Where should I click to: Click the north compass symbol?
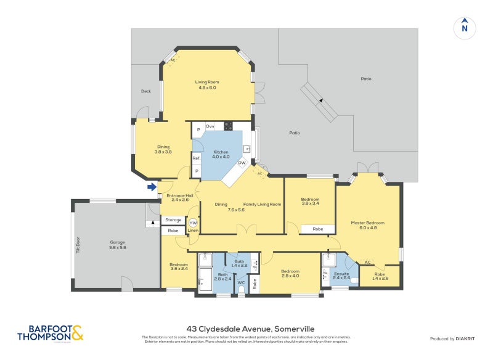click(465, 27)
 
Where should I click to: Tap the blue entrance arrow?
click(151, 187)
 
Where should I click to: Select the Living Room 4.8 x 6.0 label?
click(208, 85)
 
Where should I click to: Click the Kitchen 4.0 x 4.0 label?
click(221, 154)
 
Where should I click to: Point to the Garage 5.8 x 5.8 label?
click(117, 245)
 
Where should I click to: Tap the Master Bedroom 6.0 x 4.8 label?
click(368, 225)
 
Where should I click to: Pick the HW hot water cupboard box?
click(193, 223)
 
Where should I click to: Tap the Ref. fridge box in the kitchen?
click(197, 158)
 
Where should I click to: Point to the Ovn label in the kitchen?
click(210, 126)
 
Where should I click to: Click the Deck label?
click(146, 91)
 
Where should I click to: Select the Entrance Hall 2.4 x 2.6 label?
click(180, 197)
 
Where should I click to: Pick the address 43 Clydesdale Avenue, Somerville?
click(246, 329)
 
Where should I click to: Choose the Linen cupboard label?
click(193, 231)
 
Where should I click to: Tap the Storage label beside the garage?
click(173, 220)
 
